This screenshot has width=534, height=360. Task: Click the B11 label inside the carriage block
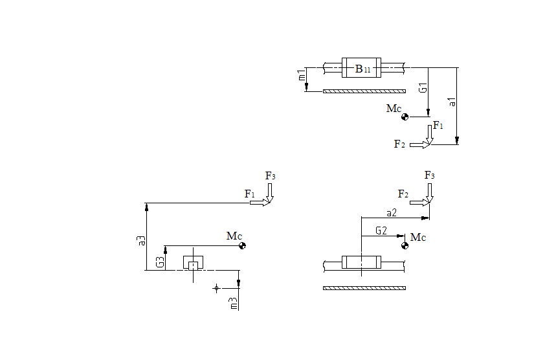click(362, 69)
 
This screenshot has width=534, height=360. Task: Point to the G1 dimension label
click(422, 88)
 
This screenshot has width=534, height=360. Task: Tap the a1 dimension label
click(452, 101)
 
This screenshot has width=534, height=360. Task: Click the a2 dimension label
click(391, 212)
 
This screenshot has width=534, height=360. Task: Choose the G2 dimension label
click(381, 231)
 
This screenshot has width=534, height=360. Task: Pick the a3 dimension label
click(141, 240)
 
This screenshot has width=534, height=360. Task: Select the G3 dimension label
click(160, 262)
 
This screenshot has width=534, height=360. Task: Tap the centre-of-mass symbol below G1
click(405, 117)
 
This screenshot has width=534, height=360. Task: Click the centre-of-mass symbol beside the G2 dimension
click(405, 245)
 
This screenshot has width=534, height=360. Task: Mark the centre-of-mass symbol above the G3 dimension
click(241, 245)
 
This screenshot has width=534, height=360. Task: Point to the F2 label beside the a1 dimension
click(399, 144)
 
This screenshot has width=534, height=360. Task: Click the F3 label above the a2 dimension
click(429, 175)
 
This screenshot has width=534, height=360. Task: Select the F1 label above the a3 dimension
click(250, 194)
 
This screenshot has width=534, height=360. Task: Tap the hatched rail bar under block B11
click(364, 91)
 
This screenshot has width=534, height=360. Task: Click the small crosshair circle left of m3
click(217, 288)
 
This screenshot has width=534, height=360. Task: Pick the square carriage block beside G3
click(193, 263)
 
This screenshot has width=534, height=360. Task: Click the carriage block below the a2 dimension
click(362, 263)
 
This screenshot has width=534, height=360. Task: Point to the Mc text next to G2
click(419, 238)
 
